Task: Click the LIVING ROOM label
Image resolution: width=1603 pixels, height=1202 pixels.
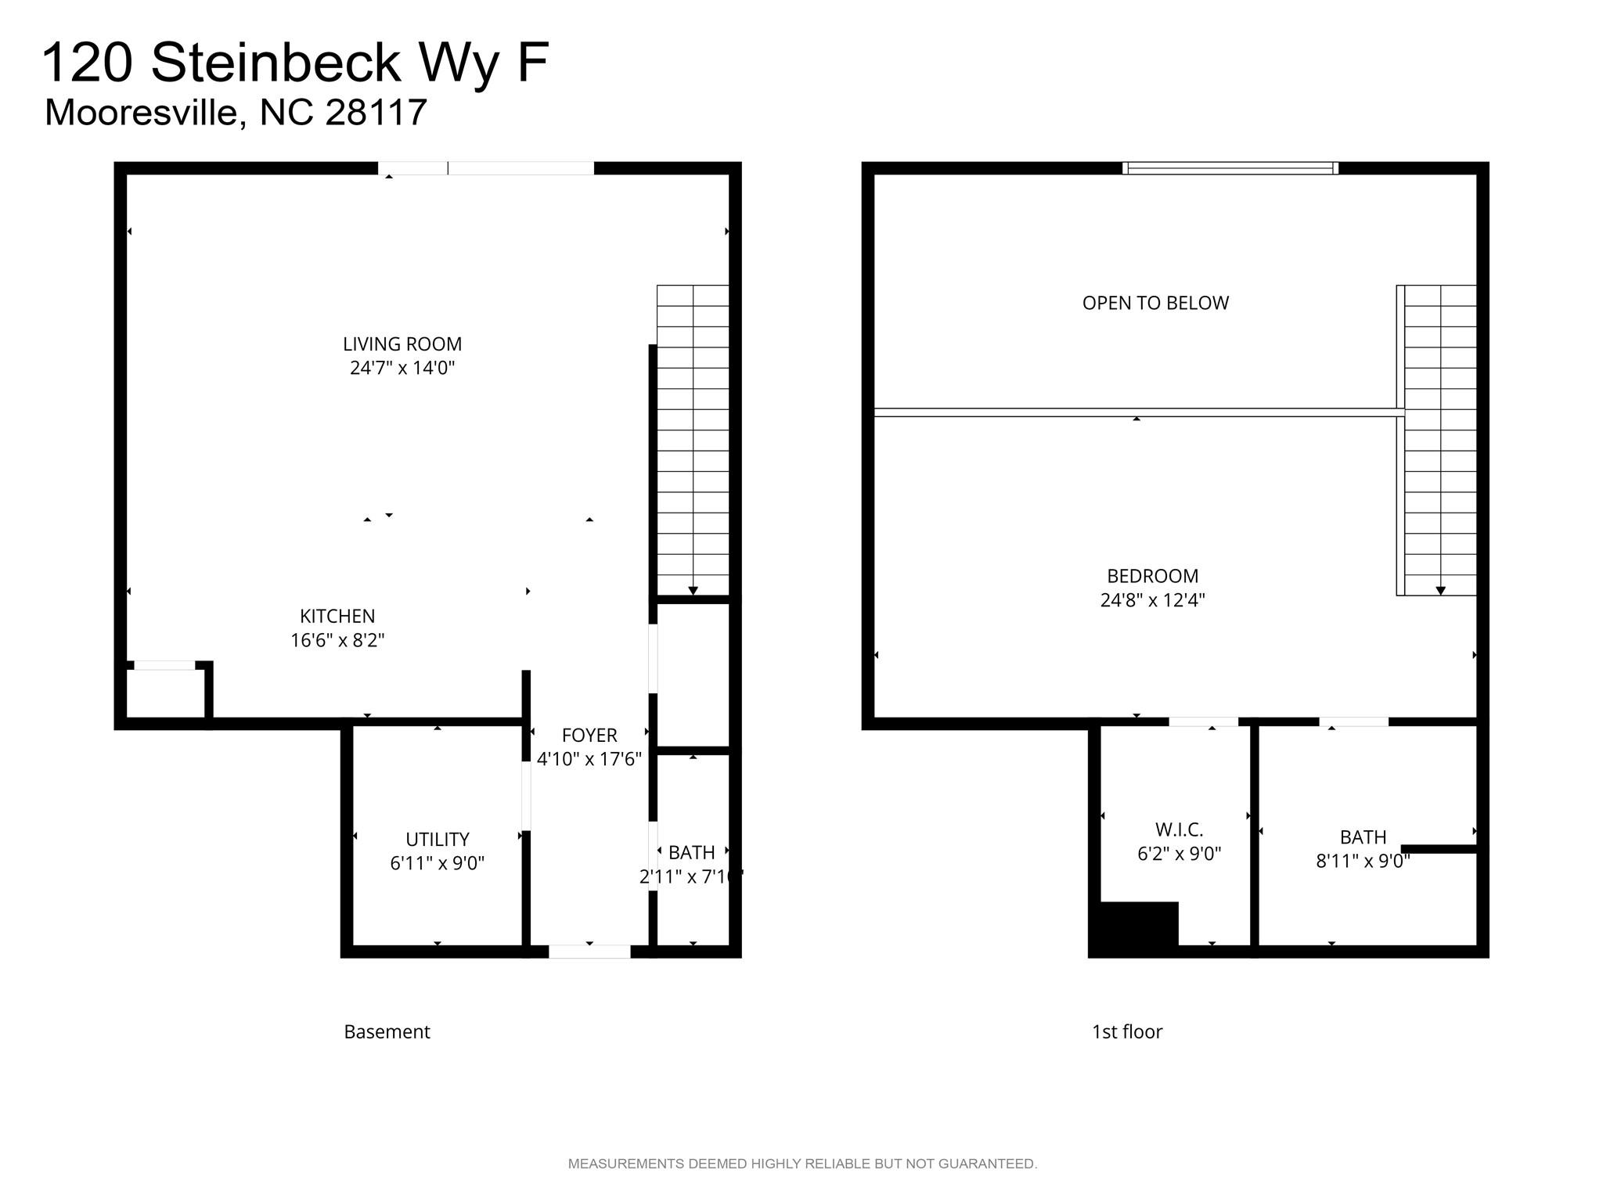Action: pyautogui.click(x=402, y=344)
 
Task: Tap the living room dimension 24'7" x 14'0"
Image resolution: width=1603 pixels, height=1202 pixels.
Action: pyautogui.click(x=402, y=368)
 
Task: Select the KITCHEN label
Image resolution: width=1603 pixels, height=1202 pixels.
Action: pyautogui.click(x=337, y=617)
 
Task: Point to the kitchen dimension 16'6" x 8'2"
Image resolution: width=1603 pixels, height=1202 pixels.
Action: pyautogui.click(x=337, y=640)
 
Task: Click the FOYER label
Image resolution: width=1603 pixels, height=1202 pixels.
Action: pyautogui.click(x=589, y=736)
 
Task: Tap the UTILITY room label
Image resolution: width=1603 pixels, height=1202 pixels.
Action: pyautogui.click(x=438, y=840)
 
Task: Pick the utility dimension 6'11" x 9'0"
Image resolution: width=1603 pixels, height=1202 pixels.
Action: pyautogui.click(x=438, y=863)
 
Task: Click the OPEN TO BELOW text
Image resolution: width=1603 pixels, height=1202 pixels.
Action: pyautogui.click(x=1155, y=303)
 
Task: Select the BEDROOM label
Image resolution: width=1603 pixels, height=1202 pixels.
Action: pyautogui.click(x=1153, y=576)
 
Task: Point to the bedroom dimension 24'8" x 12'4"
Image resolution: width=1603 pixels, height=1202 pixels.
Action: pyautogui.click(x=1153, y=600)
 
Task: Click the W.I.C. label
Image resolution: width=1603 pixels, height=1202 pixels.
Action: pyautogui.click(x=1180, y=830)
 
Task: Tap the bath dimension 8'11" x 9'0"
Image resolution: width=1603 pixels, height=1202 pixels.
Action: pyautogui.click(x=1363, y=861)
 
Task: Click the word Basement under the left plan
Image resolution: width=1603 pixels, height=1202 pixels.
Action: pyautogui.click(x=387, y=1032)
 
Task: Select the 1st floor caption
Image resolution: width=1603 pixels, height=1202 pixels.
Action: pyautogui.click(x=1127, y=1032)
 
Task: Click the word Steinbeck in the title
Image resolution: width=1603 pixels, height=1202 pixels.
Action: pyautogui.click(x=276, y=62)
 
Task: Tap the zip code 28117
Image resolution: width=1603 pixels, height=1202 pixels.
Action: pyautogui.click(x=376, y=112)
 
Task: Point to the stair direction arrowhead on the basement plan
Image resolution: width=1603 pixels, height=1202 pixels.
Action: pyautogui.click(x=693, y=591)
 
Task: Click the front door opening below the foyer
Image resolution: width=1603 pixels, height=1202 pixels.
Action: pyautogui.click(x=589, y=952)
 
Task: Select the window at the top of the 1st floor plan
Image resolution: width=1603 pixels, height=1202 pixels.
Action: pyautogui.click(x=1230, y=167)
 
